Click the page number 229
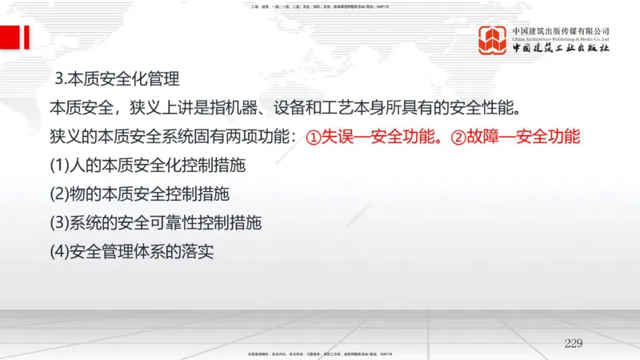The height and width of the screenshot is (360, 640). coord(573,343)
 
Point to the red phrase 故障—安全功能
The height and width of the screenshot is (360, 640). coord(523,137)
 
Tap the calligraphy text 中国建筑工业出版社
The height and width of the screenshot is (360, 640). coord(561,49)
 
